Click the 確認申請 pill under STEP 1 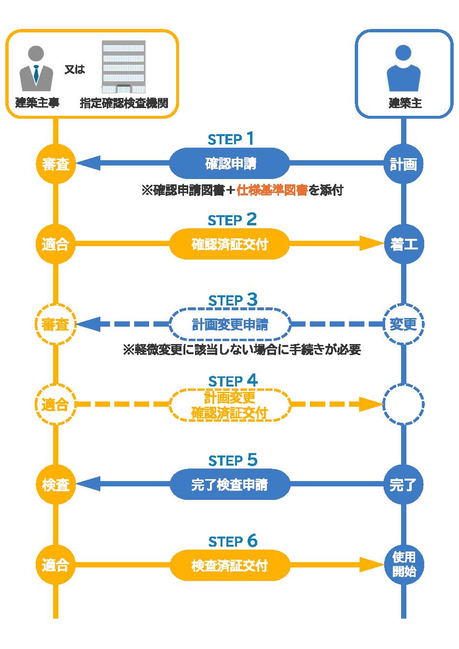(x=229, y=164)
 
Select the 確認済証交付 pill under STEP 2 (x=229, y=244)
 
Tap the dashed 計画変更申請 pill (x=229, y=324)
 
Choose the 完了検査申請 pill (x=229, y=484)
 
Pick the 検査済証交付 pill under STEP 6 (x=229, y=565)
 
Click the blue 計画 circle (x=403, y=164)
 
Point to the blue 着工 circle (x=403, y=244)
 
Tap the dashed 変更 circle (x=403, y=324)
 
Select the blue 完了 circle (x=403, y=484)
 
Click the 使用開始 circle (x=403, y=565)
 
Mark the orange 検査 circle (x=56, y=484)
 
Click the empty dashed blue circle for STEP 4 (x=403, y=404)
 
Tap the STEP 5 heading (x=232, y=460)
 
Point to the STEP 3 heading (x=232, y=300)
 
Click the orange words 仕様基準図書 (x=272, y=190)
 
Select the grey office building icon (x=124, y=67)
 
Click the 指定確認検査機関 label (x=124, y=103)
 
